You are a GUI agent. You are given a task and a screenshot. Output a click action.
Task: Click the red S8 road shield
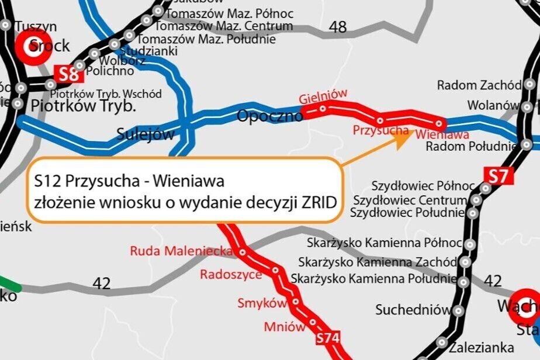point(68,74)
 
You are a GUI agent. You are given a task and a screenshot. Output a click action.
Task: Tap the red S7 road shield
point(500,175)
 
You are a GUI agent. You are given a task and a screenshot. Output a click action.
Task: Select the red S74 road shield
point(328,339)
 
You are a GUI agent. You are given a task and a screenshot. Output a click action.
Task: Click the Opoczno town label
point(269,116)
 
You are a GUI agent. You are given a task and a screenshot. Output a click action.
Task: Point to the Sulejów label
point(146,134)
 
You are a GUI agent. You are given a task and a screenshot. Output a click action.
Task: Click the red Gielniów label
point(323,95)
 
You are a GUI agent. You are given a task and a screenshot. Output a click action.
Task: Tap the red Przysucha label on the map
point(380,130)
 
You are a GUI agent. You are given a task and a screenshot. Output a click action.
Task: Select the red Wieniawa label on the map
point(443,135)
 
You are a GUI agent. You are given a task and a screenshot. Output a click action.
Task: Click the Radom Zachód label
point(479,85)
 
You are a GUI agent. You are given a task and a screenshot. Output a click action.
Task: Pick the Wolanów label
point(493,106)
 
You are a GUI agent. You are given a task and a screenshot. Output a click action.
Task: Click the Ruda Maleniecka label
point(181,251)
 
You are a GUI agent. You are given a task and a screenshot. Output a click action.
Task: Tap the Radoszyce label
point(231,274)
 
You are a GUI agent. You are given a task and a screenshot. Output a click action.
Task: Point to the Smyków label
point(262,303)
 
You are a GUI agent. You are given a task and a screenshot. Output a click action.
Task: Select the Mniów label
point(285,326)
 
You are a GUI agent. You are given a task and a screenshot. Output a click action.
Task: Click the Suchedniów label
point(413,309)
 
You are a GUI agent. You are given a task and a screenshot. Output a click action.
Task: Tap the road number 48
point(337,26)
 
